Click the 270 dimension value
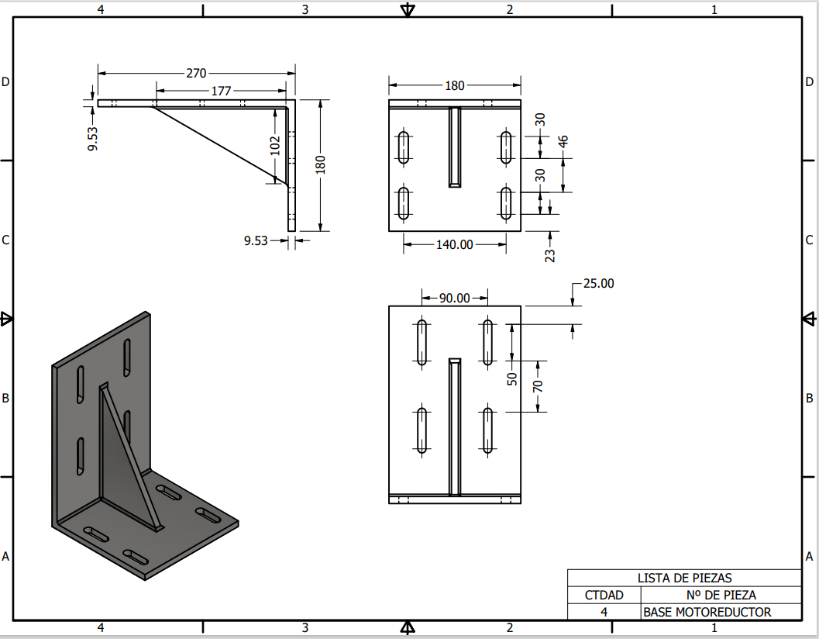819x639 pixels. pos(196,73)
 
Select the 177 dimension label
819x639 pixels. pos(221,91)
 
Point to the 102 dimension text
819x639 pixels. pos(275,146)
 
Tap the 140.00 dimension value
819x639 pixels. pos(454,245)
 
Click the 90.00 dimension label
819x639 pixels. pos(454,298)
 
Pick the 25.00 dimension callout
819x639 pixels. pos(599,283)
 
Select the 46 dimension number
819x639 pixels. pos(563,142)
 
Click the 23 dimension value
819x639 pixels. pos(550,256)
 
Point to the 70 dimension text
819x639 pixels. pos(538,386)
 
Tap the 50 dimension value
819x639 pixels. pos(512,378)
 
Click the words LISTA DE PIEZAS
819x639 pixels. pos(684,578)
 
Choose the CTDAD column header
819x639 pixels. pos(604,595)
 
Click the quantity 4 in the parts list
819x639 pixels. pos(604,612)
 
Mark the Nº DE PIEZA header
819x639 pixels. pos(721,595)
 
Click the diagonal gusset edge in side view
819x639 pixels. pos(220,147)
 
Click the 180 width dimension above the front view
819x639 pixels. pos(454,85)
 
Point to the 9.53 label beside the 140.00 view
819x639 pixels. pos(256,240)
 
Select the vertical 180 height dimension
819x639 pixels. pos(320,164)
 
